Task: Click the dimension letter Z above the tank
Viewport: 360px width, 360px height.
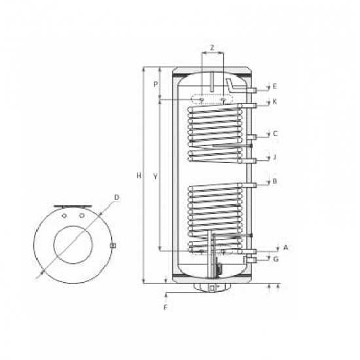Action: (213, 48)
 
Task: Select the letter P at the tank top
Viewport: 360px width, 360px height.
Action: (156, 84)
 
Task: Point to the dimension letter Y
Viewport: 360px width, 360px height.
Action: (154, 175)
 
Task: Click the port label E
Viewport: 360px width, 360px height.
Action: (275, 86)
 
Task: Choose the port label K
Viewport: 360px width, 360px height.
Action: (275, 102)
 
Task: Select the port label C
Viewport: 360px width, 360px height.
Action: (275, 134)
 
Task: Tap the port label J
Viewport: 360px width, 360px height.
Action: (275, 157)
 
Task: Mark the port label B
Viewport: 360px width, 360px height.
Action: (275, 182)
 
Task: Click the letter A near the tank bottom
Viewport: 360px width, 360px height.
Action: (285, 247)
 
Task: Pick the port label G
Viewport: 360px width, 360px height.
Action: (275, 260)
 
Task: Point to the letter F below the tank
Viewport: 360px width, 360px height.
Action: (166, 306)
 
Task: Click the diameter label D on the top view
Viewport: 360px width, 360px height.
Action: (116, 196)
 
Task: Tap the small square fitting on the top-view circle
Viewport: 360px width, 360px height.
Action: (113, 246)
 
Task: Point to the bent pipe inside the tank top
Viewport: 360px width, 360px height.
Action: (230, 84)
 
